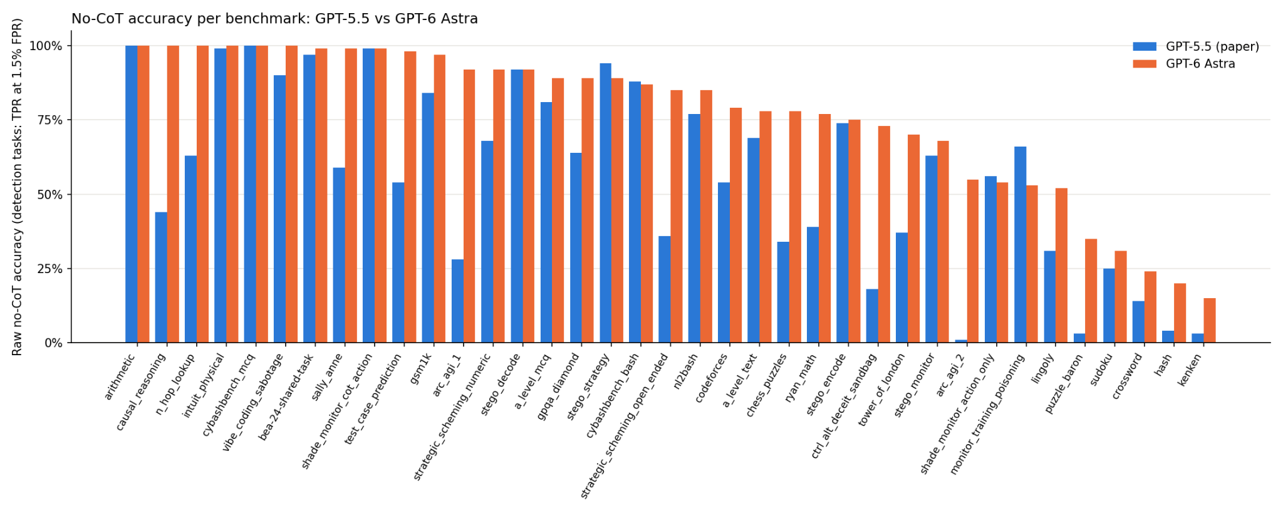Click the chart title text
[274, 19]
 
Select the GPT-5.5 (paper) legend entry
[1195, 46]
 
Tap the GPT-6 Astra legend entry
[1184, 64]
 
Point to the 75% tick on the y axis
[68, 120]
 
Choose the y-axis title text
[17, 187]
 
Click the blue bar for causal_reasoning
[161, 277]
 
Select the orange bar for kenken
[1210, 321]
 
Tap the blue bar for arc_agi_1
[457, 301]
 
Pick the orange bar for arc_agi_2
[973, 261]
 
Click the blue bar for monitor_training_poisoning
[1021, 245]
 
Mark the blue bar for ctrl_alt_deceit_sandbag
[872, 316]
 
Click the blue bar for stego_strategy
[606, 203]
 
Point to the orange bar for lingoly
[1061, 266]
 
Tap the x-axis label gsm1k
[420, 368]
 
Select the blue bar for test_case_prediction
[398, 262]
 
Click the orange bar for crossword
[1150, 308]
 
